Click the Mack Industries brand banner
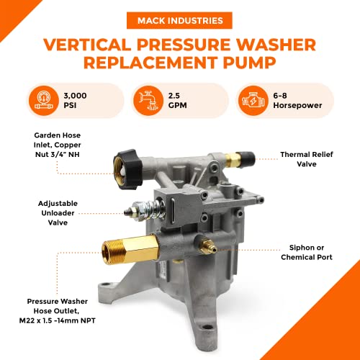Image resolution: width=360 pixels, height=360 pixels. pyautogui.click(x=180, y=20)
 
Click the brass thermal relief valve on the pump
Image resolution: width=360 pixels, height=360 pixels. pyautogui.click(x=235, y=153)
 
